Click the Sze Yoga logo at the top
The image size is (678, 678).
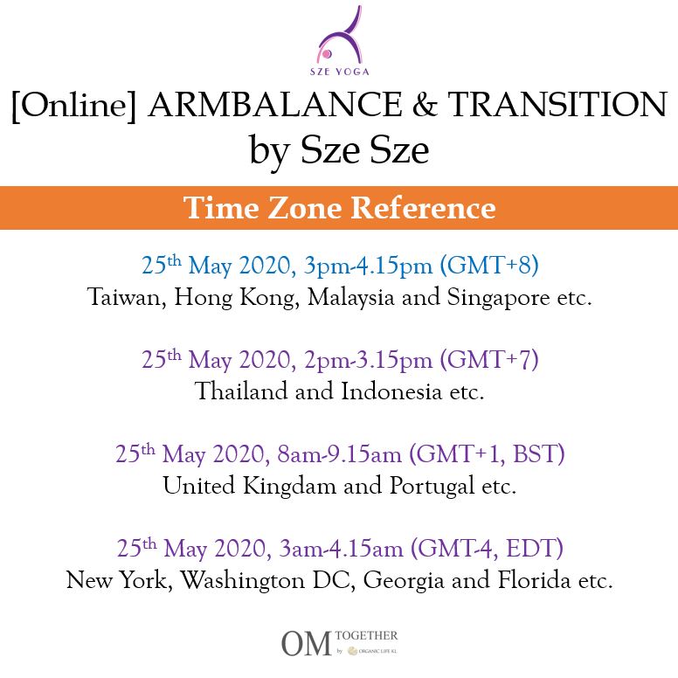click(340, 41)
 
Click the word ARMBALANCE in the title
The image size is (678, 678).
click(275, 105)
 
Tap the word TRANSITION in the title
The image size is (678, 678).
click(557, 105)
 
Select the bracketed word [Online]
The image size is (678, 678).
click(74, 106)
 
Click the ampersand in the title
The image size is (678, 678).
click(425, 105)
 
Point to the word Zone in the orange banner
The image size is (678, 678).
click(305, 208)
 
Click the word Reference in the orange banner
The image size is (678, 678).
click(423, 208)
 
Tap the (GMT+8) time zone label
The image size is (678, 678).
click(489, 265)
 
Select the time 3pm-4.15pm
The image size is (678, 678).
click(368, 266)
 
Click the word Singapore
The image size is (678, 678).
click(498, 298)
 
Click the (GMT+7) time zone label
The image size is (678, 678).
click(489, 359)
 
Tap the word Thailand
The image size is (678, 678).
click(242, 391)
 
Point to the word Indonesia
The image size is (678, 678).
click(391, 391)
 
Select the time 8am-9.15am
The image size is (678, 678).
click(339, 454)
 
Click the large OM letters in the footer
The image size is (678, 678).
click(306, 643)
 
